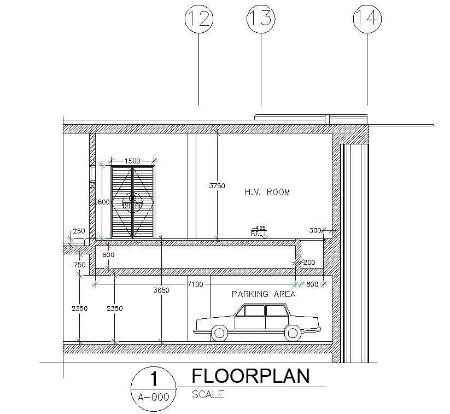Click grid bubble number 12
[x=198, y=19]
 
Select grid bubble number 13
[x=261, y=19]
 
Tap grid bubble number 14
[x=367, y=19]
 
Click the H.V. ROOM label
[x=267, y=193]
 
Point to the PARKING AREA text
[x=264, y=294]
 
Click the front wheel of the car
[x=219, y=332]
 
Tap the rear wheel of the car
[x=293, y=332]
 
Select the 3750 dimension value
[x=217, y=186]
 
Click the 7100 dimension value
[x=195, y=284]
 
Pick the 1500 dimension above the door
[x=132, y=161]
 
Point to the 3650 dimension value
[x=161, y=290]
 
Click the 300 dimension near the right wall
[x=315, y=230]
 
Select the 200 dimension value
[x=309, y=263]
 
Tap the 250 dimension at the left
[x=79, y=231]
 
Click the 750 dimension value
[x=79, y=265]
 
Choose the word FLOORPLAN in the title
[x=250, y=376]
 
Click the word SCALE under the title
[x=208, y=395]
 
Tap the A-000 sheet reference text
[x=154, y=398]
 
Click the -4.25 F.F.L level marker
[x=258, y=231]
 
